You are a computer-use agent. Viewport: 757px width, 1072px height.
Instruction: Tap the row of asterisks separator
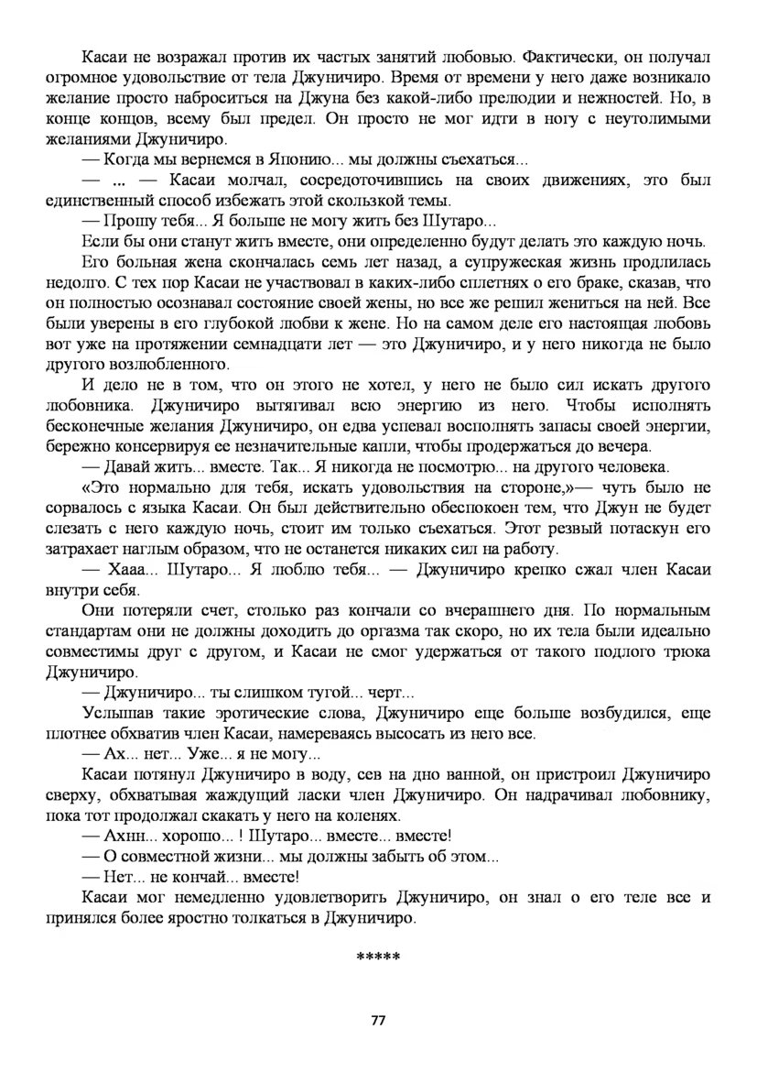378,957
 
